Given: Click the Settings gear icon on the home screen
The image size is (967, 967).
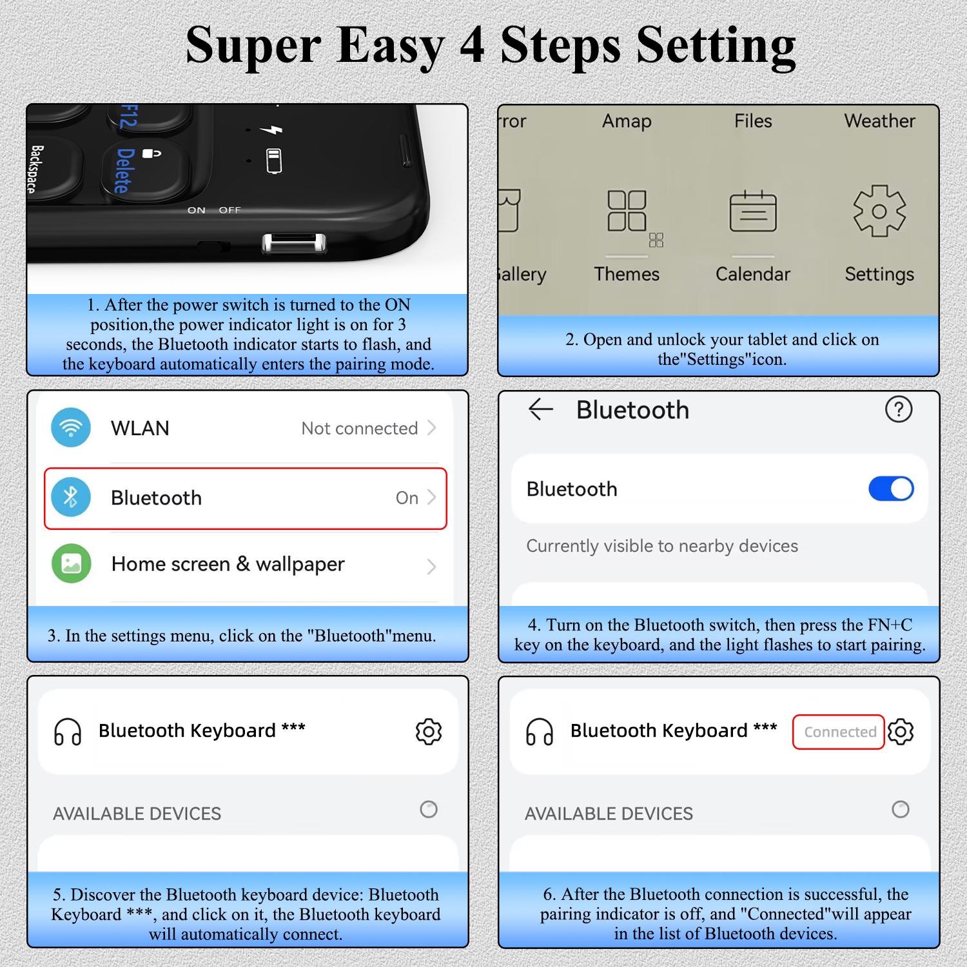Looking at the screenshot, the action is coord(879,211).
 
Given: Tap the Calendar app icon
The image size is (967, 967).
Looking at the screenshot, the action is coord(753,211).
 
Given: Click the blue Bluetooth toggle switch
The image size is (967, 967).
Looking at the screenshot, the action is coord(891,489).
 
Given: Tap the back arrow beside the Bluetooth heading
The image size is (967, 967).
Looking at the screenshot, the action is coord(541,409).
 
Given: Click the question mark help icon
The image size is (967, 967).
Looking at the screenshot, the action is coord(899,409).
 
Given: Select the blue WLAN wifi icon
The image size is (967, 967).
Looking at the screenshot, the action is coord(71,427).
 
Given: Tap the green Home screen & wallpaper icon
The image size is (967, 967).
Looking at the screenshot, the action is coord(71,563).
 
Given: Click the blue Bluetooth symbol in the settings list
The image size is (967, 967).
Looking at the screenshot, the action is coord(71,497).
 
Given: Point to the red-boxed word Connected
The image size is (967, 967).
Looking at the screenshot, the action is coord(840,732).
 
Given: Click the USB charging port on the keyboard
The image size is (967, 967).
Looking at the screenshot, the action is coord(294,244).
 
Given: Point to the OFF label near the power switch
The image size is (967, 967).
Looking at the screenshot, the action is coord(230,210).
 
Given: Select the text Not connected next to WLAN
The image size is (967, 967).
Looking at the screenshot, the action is coord(360,428).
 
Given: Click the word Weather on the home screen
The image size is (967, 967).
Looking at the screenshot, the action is coord(879,121).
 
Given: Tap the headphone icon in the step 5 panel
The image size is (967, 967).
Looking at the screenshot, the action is coord(68,732).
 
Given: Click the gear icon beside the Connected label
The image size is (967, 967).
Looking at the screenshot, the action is coord(901,732).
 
